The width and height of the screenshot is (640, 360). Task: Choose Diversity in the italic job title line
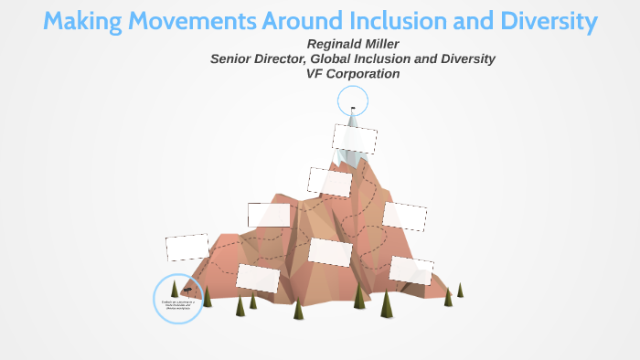[x=464, y=58]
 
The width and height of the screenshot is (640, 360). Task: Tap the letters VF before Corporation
[x=316, y=73]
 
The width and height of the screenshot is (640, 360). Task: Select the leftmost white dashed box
[x=187, y=248]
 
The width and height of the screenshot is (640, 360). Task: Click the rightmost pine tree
[x=460, y=290]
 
